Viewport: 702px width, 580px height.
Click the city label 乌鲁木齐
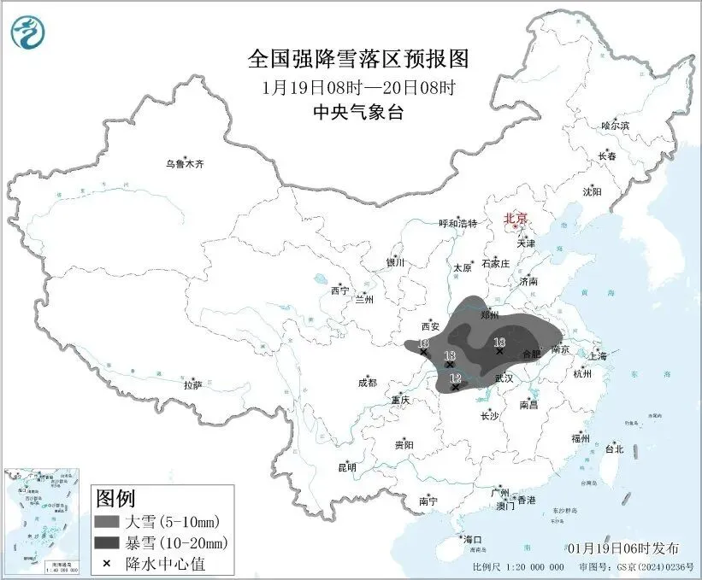tap(186, 164)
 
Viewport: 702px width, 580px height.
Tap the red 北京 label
tap(516, 219)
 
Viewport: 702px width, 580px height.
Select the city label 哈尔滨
tap(614, 126)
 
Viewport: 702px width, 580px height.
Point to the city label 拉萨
tap(192, 385)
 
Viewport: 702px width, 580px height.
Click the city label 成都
tap(366, 384)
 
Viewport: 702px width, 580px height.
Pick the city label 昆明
tap(346, 467)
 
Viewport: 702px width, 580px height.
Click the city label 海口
tap(473, 540)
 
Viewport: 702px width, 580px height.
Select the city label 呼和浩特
tap(457, 224)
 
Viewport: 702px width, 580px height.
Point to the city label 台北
tap(614, 448)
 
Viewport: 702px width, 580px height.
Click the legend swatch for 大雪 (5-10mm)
tap(109, 521)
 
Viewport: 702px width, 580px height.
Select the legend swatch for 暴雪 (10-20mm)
tap(109, 542)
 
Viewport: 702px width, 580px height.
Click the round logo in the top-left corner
tap(27, 32)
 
